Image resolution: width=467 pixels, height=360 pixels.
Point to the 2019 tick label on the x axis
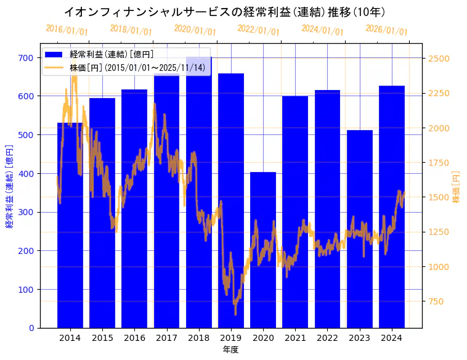tap(231, 338)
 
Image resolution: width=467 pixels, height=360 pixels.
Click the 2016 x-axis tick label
tap(134, 338)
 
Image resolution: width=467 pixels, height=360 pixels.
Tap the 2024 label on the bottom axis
tap(392, 338)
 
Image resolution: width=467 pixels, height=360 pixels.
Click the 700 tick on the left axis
tap(25, 58)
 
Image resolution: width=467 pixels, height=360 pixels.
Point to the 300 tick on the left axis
tap(25, 212)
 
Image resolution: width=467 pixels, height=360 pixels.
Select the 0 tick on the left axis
tap(31, 328)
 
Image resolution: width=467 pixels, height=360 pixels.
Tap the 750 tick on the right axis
tap(436, 301)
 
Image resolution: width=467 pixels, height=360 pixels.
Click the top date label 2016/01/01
tap(67, 30)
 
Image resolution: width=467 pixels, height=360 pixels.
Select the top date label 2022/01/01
tap(258, 30)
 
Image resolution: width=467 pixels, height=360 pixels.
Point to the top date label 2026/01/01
tap(386, 30)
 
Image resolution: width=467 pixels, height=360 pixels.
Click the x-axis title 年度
tap(230, 350)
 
